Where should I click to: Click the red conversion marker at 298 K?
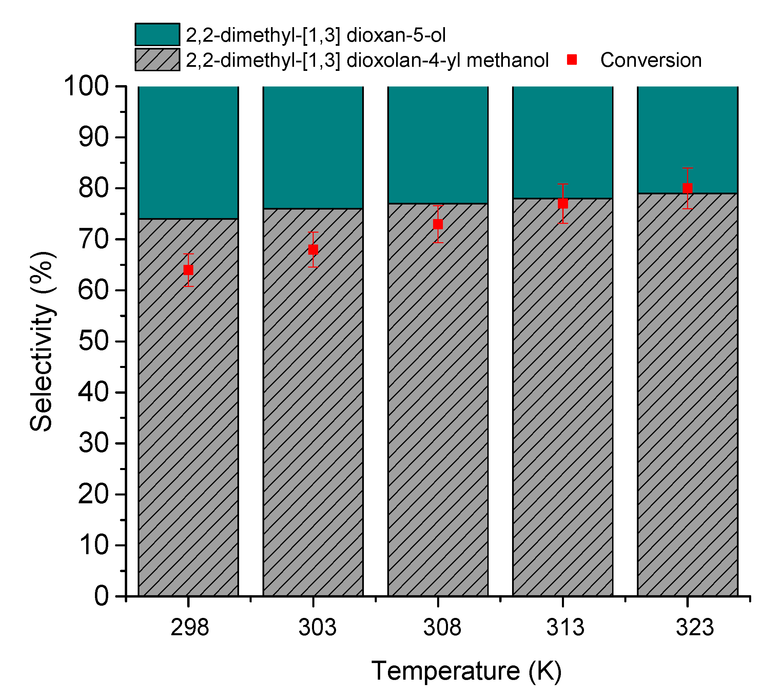pyautogui.click(x=188, y=270)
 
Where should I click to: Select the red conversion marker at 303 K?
pyautogui.click(x=313, y=250)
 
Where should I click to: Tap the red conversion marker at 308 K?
pyautogui.click(x=438, y=224)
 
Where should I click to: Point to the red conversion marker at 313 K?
pyautogui.click(x=563, y=204)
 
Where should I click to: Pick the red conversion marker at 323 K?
pyautogui.click(x=687, y=188)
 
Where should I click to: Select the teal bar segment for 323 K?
pyautogui.click(x=687, y=129)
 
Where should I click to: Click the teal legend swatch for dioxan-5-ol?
pyautogui.click(x=157, y=35)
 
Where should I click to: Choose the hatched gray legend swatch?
pyautogui.click(x=157, y=59)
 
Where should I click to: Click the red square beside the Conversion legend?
pyautogui.click(x=572, y=59)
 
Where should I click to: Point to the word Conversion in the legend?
pyautogui.click(x=651, y=60)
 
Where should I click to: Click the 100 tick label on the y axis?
pyautogui.click(x=86, y=86)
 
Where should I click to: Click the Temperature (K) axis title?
pyautogui.click(x=466, y=671)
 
